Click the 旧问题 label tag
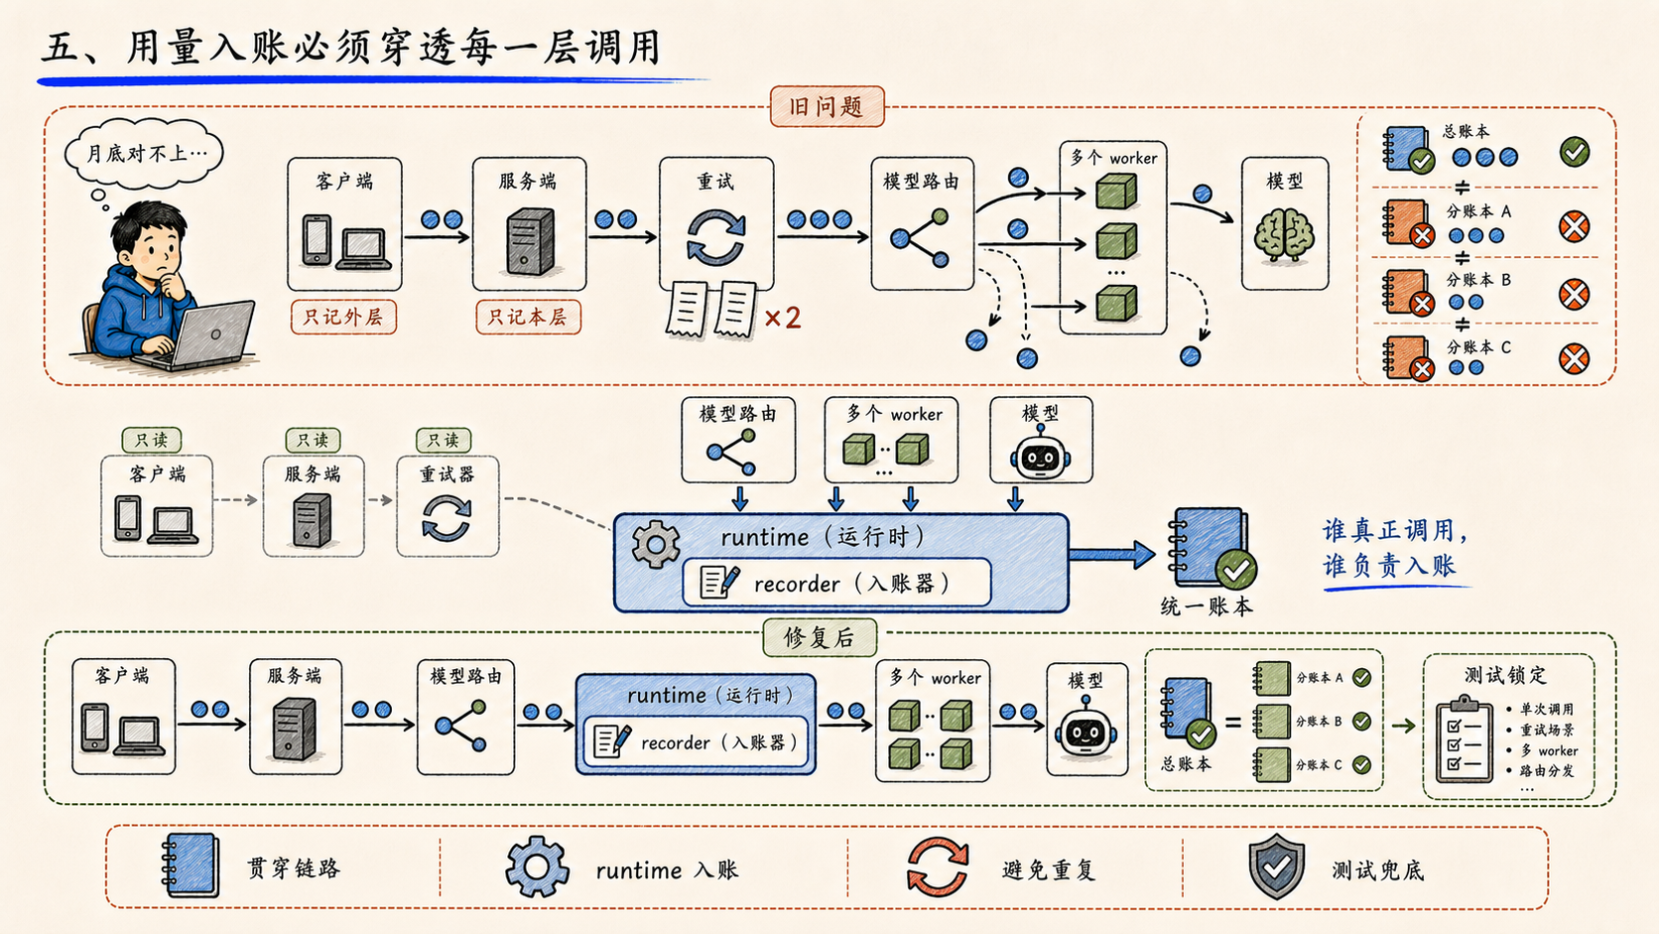pyautogui.click(x=827, y=106)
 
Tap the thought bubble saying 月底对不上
pyautogui.click(x=145, y=153)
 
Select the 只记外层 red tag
pyautogui.click(x=343, y=317)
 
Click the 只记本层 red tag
pyautogui.click(x=528, y=317)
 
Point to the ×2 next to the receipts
pyautogui.click(x=783, y=319)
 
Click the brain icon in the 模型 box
pyautogui.click(x=1284, y=235)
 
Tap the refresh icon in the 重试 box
pyautogui.click(x=715, y=237)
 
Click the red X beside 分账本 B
pyautogui.click(x=1574, y=294)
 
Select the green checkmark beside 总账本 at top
pyautogui.click(x=1574, y=152)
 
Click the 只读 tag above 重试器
pyautogui.click(x=443, y=440)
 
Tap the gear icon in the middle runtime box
pyautogui.click(x=656, y=544)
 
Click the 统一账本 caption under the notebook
pyautogui.click(x=1207, y=606)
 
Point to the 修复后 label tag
pyautogui.click(x=820, y=638)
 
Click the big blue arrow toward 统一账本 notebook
pyautogui.click(x=1111, y=554)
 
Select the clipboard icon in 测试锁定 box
pyautogui.click(x=1465, y=738)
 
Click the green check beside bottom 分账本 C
pyautogui.click(x=1361, y=764)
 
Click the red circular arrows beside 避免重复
pyautogui.click(x=938, y=867)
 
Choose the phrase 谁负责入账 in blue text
pyautogui.click(x=1389, y=566)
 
